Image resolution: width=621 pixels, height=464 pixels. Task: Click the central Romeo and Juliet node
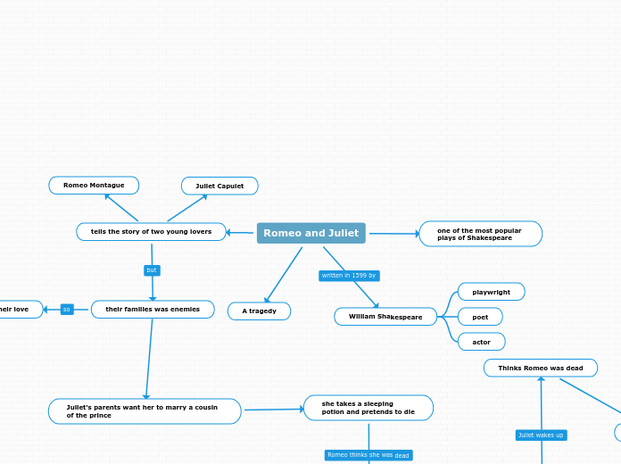310,233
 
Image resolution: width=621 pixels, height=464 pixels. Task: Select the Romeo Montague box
94,186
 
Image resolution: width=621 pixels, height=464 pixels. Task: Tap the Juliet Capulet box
219,186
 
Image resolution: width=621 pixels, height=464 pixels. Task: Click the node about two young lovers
151,232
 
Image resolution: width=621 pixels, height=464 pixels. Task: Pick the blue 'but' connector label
152,270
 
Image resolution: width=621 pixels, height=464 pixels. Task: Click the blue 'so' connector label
67,310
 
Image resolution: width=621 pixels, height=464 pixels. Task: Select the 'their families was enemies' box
153,310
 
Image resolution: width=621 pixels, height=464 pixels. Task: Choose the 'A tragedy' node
259,311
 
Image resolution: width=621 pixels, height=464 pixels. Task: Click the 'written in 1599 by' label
349,276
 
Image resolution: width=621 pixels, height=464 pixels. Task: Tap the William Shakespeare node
385,317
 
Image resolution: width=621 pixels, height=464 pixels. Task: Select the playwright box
491,292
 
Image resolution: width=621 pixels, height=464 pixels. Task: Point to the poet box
480,317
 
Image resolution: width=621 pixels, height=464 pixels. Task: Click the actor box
481,342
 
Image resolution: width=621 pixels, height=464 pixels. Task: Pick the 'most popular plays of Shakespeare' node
480,234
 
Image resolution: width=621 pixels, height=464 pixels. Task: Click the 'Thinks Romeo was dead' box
540,368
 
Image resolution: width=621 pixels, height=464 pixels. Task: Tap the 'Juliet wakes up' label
541,435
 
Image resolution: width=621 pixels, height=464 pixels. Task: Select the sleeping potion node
368,408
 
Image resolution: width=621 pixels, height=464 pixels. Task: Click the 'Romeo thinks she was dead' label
368,455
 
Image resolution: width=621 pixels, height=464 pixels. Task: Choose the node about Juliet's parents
145,411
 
